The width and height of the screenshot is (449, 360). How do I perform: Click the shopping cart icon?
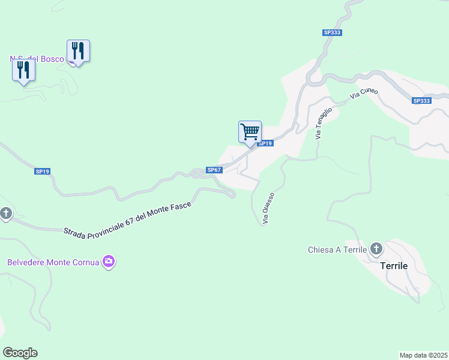(x=250, y=131)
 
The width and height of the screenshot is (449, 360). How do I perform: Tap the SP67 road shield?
(x=214, y=170)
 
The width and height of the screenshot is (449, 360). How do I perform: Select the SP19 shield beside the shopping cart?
(x=265, y=143)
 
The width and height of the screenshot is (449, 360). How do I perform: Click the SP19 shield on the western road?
(x=42, y=172)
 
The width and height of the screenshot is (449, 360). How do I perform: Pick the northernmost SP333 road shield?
(x=332, y=32)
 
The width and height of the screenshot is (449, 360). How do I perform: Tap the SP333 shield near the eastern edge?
(x=421, y=101)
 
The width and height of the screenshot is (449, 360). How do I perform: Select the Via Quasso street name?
(x=268, y=208)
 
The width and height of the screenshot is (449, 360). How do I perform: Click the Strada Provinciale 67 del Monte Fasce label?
(x=127, y=219)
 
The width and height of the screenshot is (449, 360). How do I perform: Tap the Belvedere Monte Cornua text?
(x=53, y=262)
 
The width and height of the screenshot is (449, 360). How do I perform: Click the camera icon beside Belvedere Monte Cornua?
(x=109, y=262)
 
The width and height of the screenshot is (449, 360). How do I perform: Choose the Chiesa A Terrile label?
(x=337, y=250)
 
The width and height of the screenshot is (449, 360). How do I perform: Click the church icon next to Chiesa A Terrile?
(x=376, y=248)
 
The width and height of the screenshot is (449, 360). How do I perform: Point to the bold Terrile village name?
(x=394, y=265)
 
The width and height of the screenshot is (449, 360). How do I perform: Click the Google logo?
(x=20, y=352)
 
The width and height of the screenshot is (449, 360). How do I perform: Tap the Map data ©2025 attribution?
(x=424, y=355)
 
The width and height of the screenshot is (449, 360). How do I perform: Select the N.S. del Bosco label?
(x=36, y=59)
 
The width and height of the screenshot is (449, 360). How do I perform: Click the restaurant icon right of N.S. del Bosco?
(x=78, y=50)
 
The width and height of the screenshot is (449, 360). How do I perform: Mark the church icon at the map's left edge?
(x=5, y=214)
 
